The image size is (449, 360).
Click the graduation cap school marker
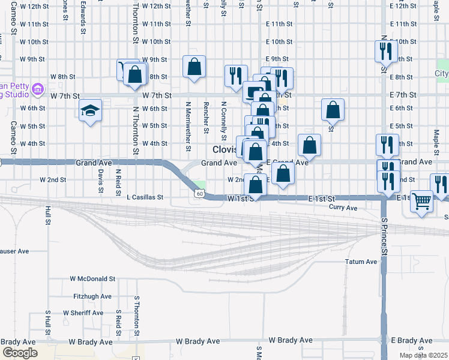click(x=90, y=110)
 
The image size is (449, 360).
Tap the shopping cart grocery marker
click(x=423, y=201)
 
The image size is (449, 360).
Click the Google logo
click(x=20, y=353)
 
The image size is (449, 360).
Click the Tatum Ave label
click(x=361, y=262)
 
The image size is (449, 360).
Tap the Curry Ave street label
click(x=343, y=208)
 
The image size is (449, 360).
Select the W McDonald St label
click(x=92, y=279)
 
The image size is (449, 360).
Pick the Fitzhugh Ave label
click(x=92, y=296)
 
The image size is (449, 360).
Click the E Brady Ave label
click(x=412, y=340)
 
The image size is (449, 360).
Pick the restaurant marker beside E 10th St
click(x=384, y=51)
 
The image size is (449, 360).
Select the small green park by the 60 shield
click(x=200, y=184)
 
